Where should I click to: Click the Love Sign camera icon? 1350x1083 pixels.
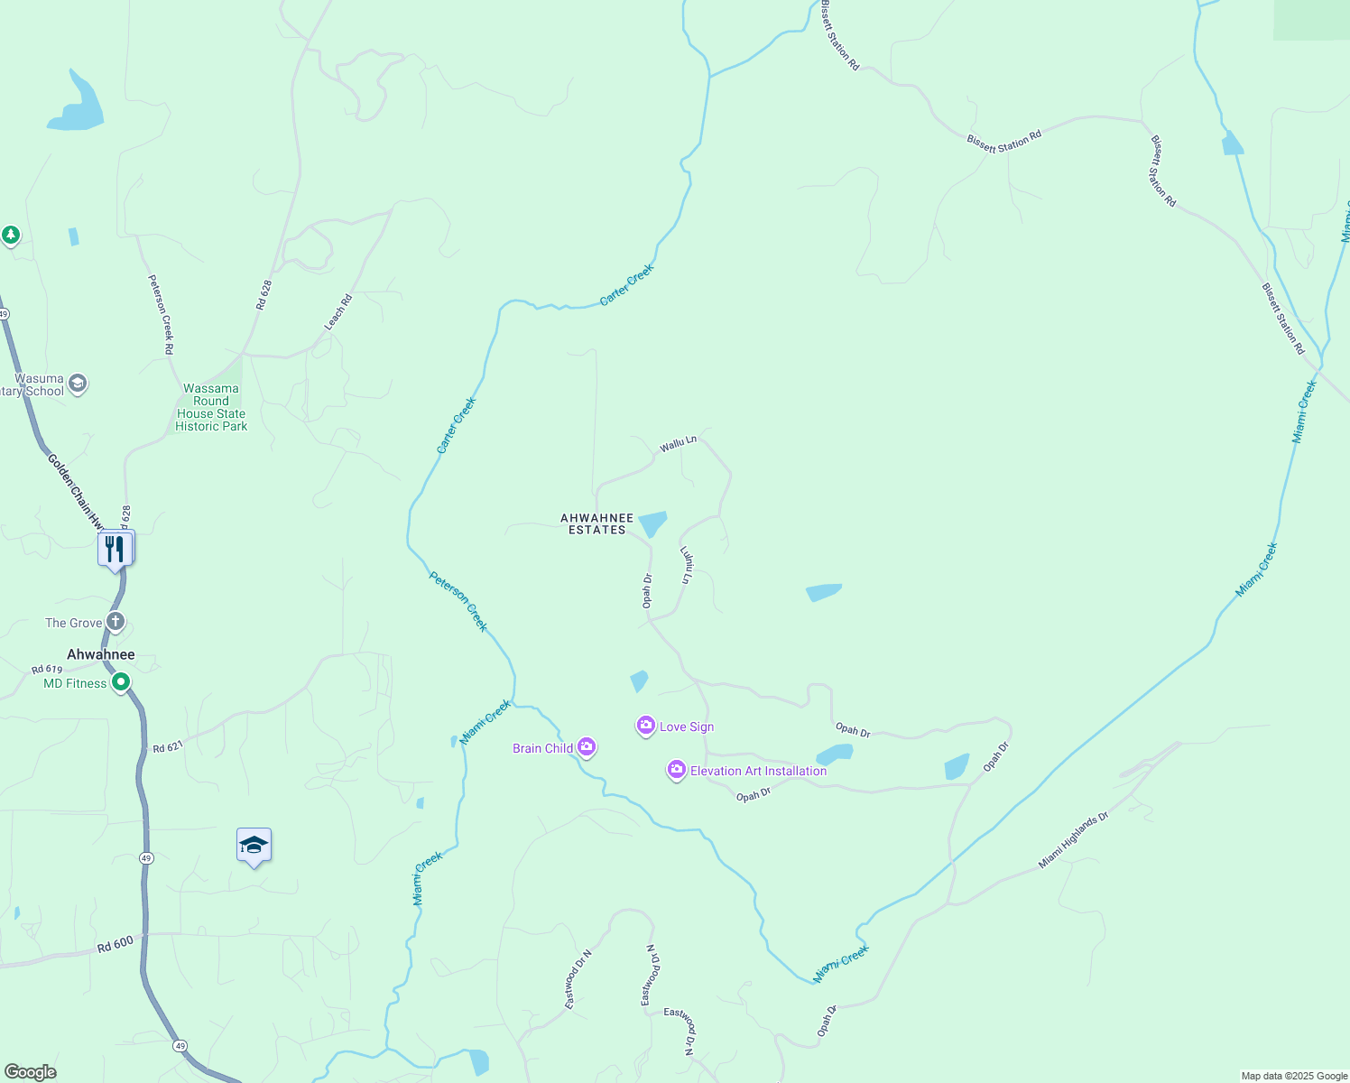click(645, 726)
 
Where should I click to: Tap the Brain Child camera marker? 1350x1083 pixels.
click(587, 747)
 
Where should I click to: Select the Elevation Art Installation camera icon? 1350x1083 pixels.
click(677, 770)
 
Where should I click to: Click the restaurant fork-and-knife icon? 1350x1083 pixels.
click(116, 549)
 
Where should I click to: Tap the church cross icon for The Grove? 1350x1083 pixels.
click(116, 622)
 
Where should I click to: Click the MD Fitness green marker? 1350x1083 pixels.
click(121, 683)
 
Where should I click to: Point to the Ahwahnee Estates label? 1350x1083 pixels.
click(596, 524)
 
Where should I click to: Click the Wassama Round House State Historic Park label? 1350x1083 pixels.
click(211, 408)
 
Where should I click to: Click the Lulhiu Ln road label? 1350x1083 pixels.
click(687, 565)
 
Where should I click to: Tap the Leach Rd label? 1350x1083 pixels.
click(338, 311)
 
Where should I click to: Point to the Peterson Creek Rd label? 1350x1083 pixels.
click(162, 314)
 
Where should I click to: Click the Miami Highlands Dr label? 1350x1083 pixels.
click(1072, 840)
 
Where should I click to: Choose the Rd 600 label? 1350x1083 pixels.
click(116, 944)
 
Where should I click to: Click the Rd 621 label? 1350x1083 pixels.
click(168, 747)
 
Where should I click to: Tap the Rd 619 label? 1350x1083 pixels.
click(47, 670)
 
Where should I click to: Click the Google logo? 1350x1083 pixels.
click(31, 1072)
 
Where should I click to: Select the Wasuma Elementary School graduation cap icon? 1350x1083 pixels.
click(78, 384)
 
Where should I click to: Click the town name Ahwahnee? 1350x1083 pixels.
click(101, 654)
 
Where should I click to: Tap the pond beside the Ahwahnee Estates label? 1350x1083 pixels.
click(652, 523)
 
